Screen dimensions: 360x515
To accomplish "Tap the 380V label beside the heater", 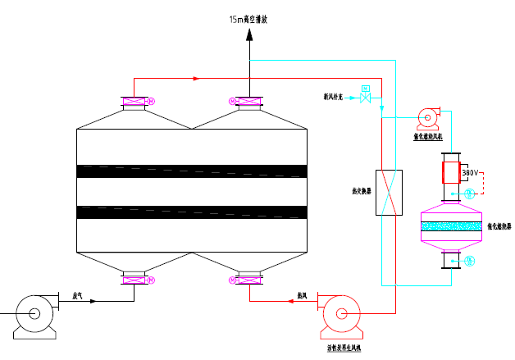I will (470, 173).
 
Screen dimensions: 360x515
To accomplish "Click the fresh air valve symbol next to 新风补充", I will (366, 99).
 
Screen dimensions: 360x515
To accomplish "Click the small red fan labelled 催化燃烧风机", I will (427, 120).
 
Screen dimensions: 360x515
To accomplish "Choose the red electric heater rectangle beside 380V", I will (450, 172).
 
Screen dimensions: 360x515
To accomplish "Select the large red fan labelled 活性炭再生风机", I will (340, 313).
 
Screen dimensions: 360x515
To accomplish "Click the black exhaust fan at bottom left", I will (33, 313).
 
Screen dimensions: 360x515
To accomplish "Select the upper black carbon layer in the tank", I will (191, 171).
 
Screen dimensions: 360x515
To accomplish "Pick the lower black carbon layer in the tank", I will (191, 212).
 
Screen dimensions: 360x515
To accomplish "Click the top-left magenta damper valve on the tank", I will (134, 102).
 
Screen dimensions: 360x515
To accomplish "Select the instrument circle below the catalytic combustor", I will (469, 261).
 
